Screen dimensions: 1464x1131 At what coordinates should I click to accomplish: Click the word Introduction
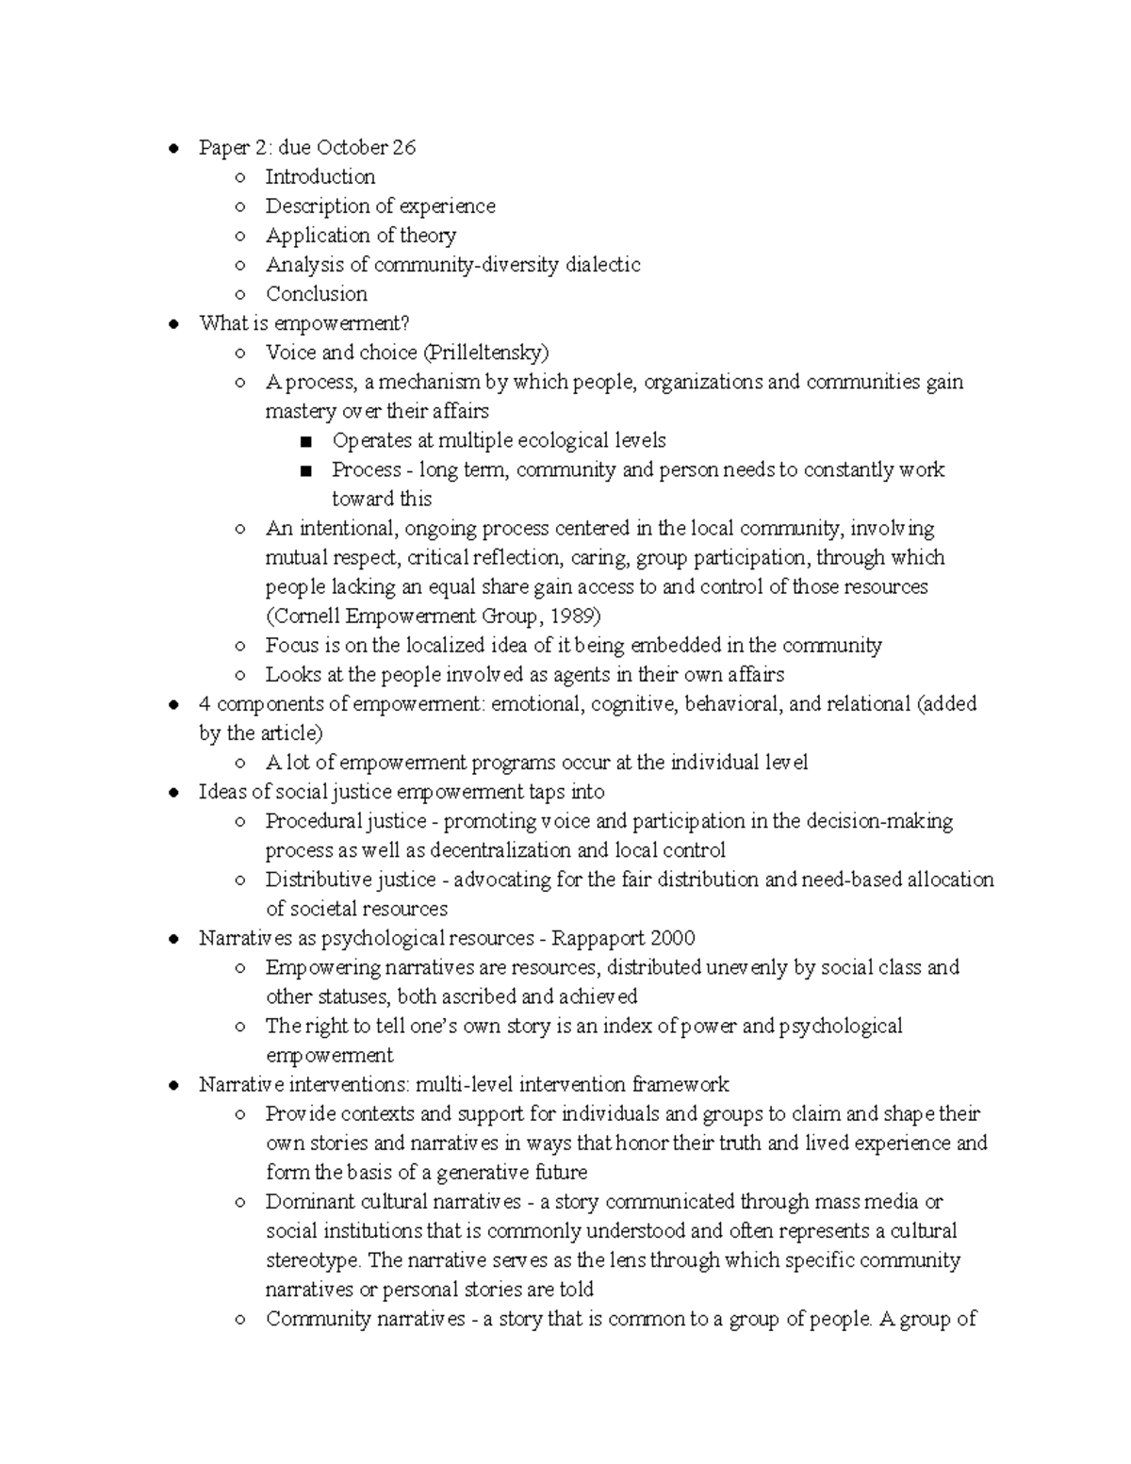click(320, 176)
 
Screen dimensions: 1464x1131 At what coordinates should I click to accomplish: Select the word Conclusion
click(316, 293)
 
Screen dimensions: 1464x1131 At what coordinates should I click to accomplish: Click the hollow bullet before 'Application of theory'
click(241, 236)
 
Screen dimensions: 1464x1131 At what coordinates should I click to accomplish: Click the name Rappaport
click(598, 938)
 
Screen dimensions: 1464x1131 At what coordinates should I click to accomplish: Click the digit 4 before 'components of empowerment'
click(205, 704)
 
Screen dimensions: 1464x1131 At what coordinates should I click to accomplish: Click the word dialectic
click(602, 265)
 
